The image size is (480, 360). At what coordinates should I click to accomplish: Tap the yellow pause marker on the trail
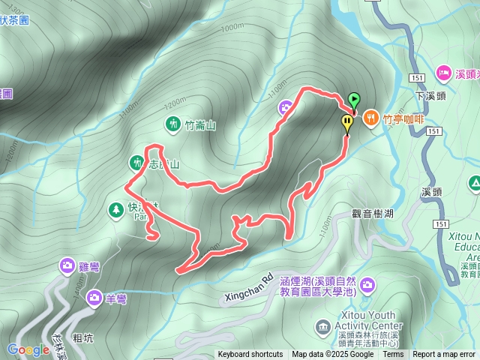[x=347, y=122]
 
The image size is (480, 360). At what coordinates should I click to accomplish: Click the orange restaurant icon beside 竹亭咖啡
[x=370, y=118]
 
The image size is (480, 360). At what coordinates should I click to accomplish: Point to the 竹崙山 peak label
[x=200, y=125]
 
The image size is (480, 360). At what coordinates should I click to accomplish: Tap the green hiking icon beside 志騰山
[x=136, y=162]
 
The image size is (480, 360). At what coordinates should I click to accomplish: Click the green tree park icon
[x=115, y=208]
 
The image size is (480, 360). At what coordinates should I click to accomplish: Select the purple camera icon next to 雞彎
[x=67, y=265]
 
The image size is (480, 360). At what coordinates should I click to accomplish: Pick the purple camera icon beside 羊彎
[x=94, y=298]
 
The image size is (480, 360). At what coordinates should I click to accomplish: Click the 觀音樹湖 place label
[x=373, y=214]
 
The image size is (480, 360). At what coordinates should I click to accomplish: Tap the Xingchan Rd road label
[x=247, y=286]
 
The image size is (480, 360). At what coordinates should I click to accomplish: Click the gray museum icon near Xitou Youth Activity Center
[x=322, y=326]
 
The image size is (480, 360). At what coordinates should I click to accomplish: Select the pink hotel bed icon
[x=443, y=74]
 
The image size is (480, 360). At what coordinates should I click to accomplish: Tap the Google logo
[x=28, y=349]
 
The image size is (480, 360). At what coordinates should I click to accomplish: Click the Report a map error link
[x=444, y=355]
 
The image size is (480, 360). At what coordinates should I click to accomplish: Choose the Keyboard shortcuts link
[x=252, y=355]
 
